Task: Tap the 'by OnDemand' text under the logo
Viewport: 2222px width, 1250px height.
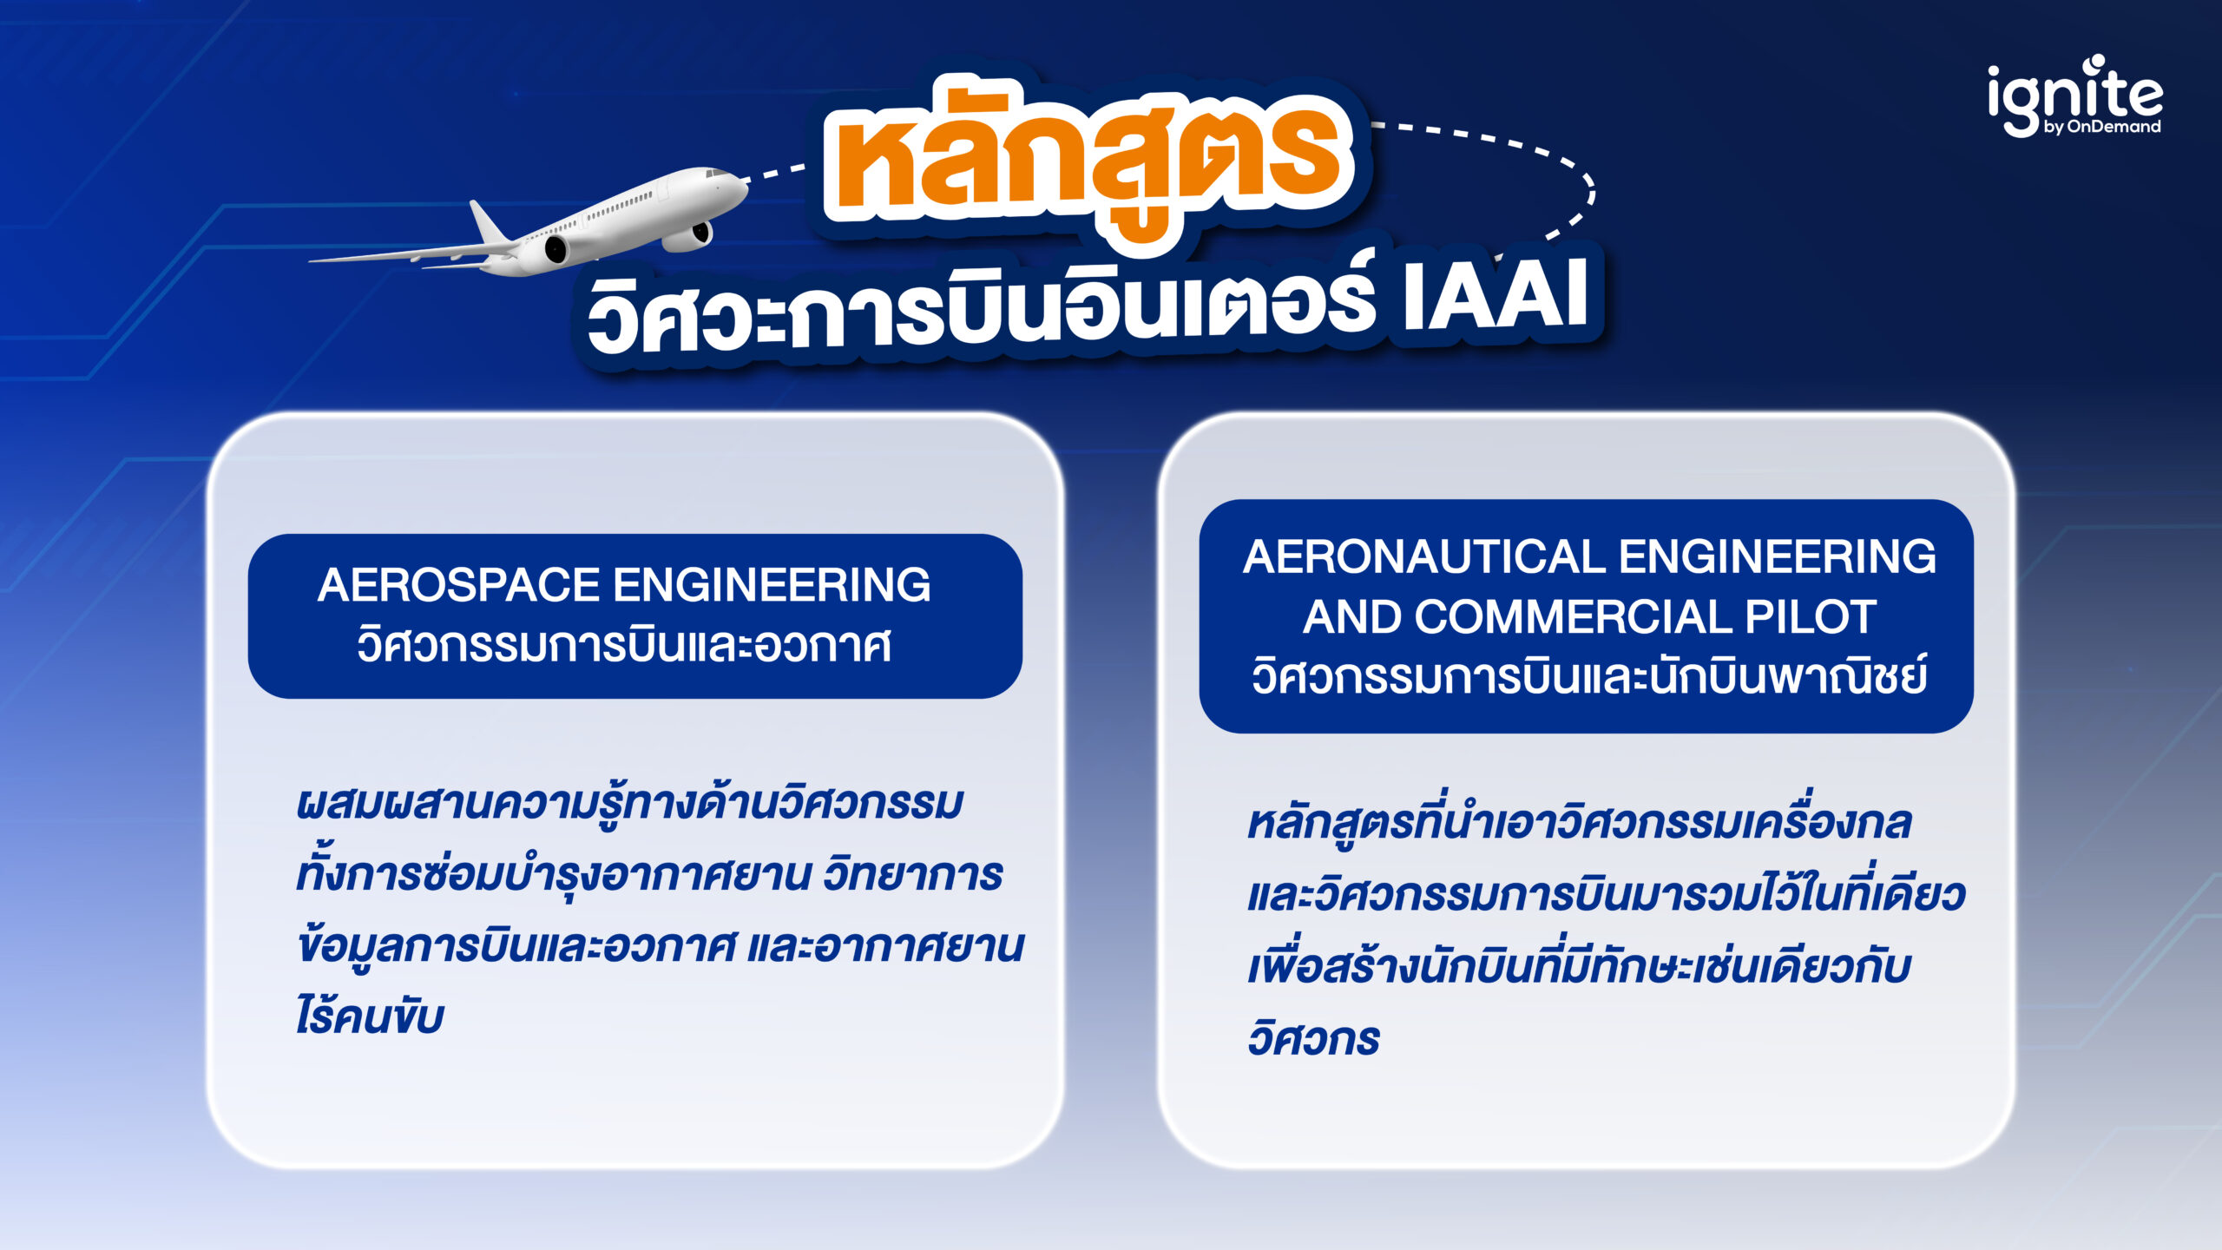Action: point(2101,128)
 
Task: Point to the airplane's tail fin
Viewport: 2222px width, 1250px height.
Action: point(487,221)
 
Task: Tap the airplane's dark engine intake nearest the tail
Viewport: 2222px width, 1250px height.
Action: point(555,250)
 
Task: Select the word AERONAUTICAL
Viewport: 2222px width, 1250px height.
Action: point(1423,556)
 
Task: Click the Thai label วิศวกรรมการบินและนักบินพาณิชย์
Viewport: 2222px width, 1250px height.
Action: point(1588,678)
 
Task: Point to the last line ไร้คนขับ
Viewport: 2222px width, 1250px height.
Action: point(370,1016)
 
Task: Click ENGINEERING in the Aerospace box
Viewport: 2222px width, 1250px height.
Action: point(772,585)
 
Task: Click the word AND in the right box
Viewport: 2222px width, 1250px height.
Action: point(1351,617)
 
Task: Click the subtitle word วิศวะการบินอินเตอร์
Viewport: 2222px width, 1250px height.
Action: point(981,312)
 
